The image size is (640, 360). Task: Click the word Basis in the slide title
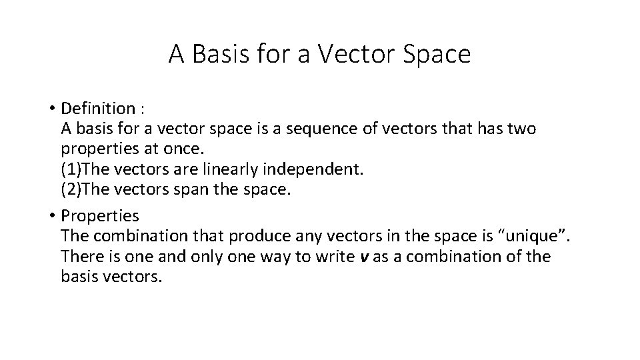coord(219,55)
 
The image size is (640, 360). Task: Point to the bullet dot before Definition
coord(51,109)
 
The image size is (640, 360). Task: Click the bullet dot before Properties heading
coord(51,216)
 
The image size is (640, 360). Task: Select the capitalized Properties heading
coord(100,216)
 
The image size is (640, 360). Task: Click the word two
coord(520,128)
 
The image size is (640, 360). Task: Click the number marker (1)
coord(71,169)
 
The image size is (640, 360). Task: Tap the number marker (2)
coord(71,189)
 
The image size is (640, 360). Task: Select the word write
coord(331,256)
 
